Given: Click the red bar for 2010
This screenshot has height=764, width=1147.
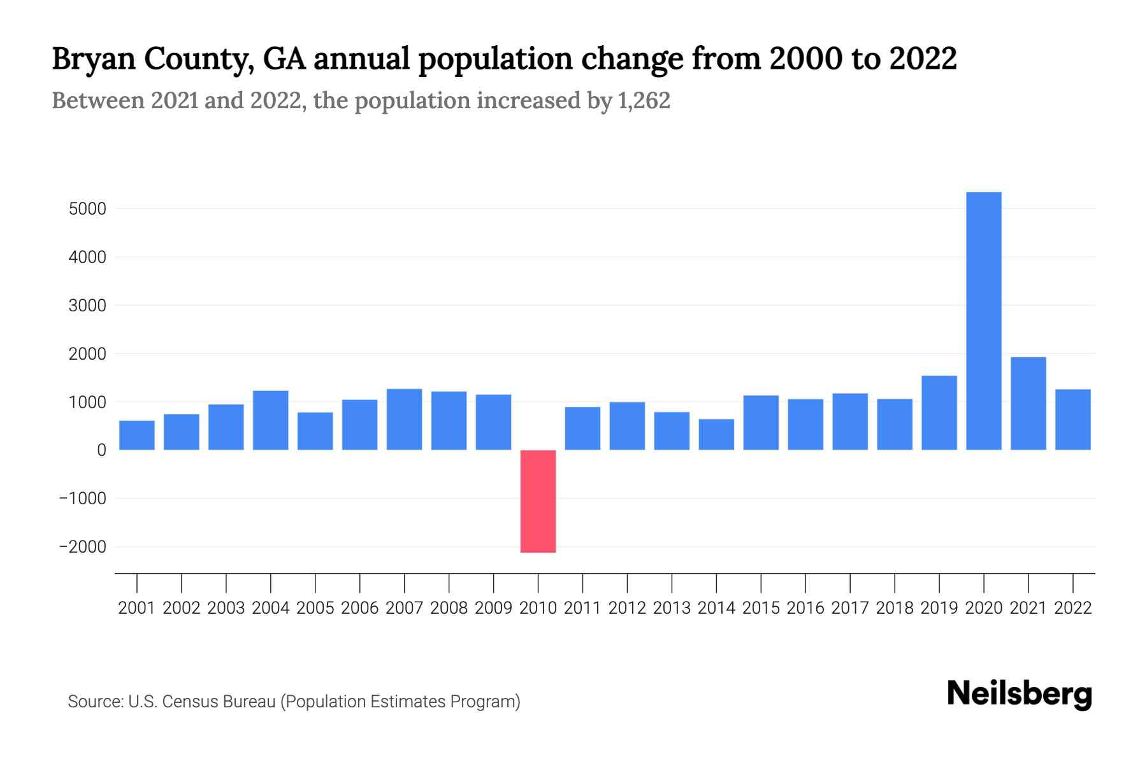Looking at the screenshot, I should click(538, 501).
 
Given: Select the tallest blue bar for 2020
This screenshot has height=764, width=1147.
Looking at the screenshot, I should click(984, 321).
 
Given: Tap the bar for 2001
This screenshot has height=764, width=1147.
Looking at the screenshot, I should click(136, 435).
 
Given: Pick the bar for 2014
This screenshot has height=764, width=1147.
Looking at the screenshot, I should click(716, 434).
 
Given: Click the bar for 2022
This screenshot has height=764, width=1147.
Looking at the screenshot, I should click(1073, 420).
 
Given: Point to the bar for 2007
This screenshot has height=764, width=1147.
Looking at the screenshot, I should click(404, 420).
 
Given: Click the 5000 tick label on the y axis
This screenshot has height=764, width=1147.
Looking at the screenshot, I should click(87, 209).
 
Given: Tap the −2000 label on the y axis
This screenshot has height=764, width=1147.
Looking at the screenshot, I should click(82, 547).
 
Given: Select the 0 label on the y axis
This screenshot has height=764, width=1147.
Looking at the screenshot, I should click(102, 450).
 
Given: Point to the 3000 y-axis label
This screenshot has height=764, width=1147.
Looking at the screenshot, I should click(87, 306).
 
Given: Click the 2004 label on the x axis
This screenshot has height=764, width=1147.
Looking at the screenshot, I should click(271, 608).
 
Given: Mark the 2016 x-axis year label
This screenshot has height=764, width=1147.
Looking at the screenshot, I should click(805, 608).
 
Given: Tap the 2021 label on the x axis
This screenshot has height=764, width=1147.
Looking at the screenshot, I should click(1028, 608).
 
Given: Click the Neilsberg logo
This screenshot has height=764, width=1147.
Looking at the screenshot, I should click(1020, 694).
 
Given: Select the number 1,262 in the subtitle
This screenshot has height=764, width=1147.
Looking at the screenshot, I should click(644, 101).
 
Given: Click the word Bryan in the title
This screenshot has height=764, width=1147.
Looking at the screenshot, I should click(92, 59).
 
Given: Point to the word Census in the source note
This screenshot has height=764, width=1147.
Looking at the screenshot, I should click(188, 702).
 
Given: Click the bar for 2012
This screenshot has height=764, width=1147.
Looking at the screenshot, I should click(627, 426).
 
